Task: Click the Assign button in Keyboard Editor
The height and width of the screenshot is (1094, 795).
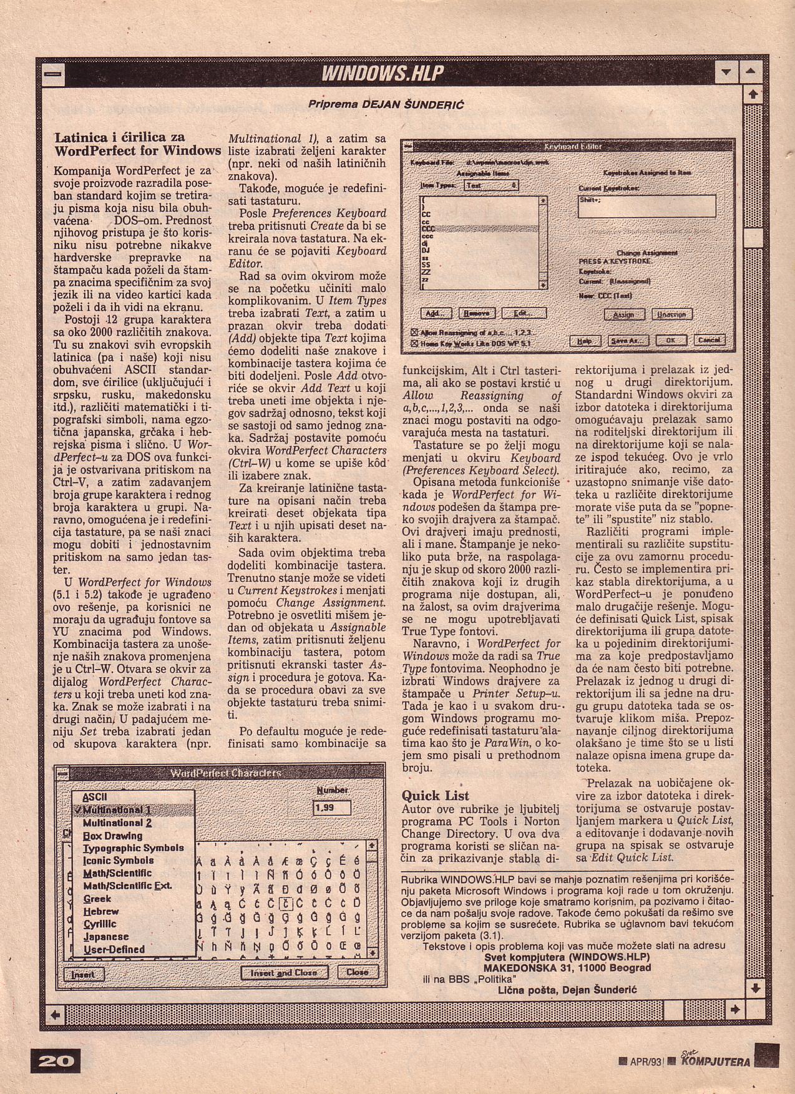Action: pos(625,314)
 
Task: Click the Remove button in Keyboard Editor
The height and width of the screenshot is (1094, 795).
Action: pos(477,313)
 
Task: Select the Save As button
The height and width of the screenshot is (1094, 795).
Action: pos(628,341)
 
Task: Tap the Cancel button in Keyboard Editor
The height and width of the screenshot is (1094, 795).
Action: pos(709,340)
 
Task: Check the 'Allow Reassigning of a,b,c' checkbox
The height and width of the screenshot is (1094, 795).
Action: pos(414,332)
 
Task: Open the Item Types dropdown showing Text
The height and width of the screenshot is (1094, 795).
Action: pos(492,185)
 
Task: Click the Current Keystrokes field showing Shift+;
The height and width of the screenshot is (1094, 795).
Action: pos(646,205)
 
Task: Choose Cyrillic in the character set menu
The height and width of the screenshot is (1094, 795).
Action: pos(100,924)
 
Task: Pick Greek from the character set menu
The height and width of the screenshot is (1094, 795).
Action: pos(97,899)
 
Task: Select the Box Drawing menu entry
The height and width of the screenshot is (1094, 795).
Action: pos(112,836)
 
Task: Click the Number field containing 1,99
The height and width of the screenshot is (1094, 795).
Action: pos(331,808)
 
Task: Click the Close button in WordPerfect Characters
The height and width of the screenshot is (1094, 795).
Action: pos(357,972)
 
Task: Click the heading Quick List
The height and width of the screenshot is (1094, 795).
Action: pos(436,796)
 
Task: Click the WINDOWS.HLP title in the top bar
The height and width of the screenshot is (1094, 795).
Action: pos(382,74)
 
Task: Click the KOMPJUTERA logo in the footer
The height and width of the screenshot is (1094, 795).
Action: pos(716,1061)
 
